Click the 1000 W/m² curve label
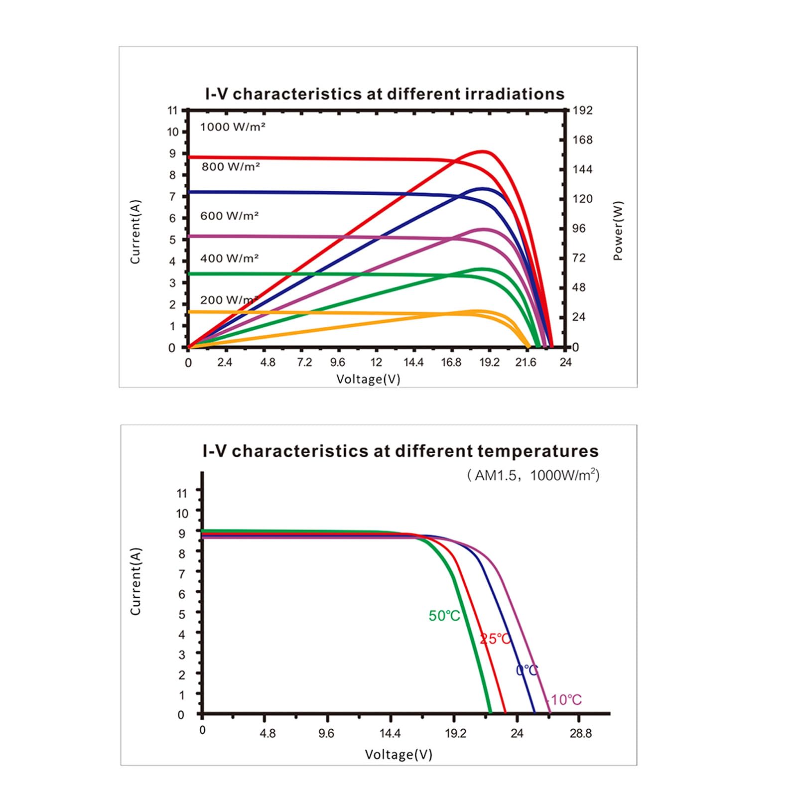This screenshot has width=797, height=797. tap(233, 127)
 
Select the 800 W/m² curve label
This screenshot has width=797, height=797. tap(231, 167)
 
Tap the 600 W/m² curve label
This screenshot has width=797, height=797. tap(229, 216)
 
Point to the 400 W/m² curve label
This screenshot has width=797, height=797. tap(229, 258)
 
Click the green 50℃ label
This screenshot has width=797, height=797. tap(444, 616)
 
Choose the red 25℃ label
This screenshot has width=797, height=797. tap(496, 639)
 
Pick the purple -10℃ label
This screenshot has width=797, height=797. tap(565, 700)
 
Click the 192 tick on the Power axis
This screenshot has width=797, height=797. tap(583, 110)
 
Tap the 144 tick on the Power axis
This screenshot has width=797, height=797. tap(583, 169)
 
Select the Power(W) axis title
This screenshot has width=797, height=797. tap(618, 231)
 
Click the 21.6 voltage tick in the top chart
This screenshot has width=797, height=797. tap(526, 362)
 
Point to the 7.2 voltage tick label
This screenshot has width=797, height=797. tap(304, 362)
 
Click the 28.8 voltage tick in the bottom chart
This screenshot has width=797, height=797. tap(581, 733)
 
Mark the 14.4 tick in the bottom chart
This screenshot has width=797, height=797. tap(390, 733)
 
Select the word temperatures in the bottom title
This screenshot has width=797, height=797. tap(538, 451)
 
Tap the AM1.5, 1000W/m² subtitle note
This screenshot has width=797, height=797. tap(533, 475)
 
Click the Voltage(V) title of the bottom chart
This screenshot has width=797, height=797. tap(398, 754)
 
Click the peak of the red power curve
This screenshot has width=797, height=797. tap(482, 151)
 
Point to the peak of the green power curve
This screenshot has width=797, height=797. tap(482, 269)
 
